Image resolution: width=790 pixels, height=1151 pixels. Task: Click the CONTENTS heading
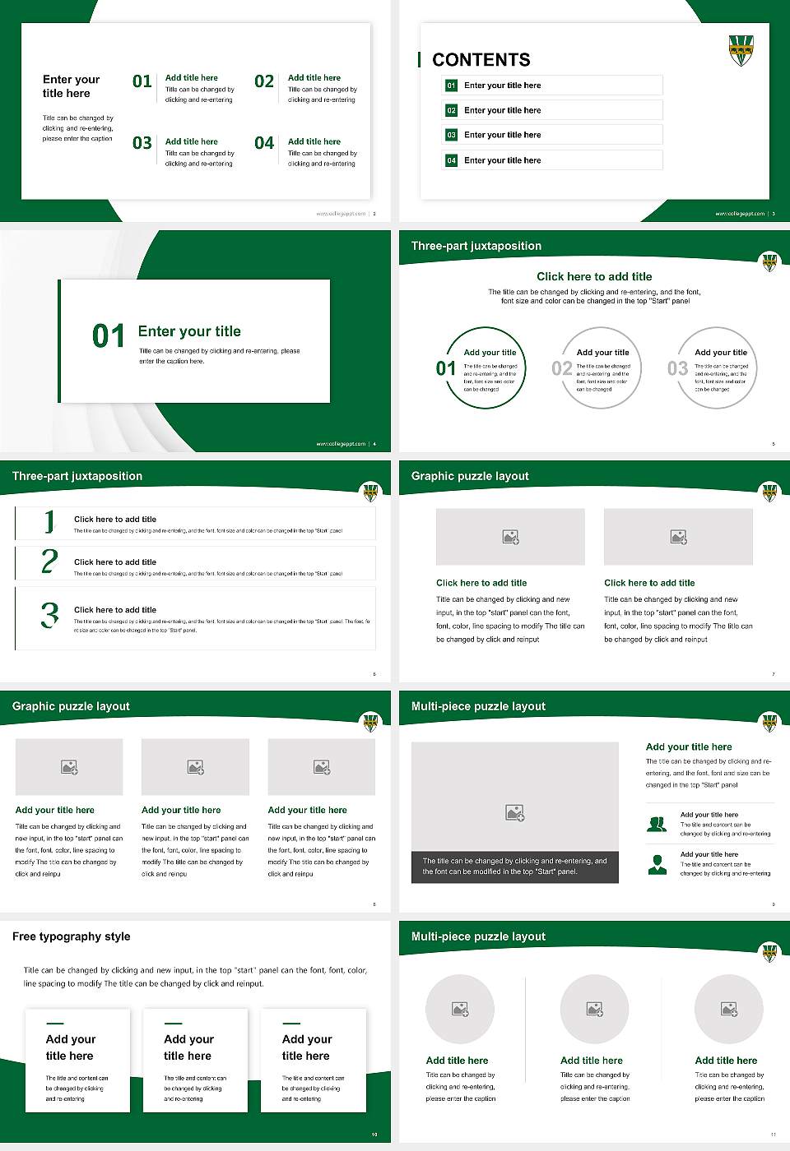[481, 60]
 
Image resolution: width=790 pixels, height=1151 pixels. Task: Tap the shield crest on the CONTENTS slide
[741, 50]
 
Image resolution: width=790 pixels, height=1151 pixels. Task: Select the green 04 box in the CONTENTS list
[451, 160]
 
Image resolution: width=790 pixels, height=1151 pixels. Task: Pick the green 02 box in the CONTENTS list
[451, 110]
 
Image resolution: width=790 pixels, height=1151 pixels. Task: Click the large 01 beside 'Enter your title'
[109, 336]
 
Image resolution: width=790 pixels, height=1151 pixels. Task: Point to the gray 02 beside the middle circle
[562, 368]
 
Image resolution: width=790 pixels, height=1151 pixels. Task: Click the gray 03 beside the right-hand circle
[677, 368]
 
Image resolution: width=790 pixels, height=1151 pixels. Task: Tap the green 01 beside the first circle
[446, 368]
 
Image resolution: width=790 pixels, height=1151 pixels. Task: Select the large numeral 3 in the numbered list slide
[49, 615]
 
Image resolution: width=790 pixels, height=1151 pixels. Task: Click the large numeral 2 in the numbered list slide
[49, 562]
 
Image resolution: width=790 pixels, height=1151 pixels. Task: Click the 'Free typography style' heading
[72, 936]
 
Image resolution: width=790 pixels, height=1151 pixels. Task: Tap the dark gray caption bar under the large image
[514, 867]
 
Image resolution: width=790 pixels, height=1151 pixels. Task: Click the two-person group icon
[657, 824]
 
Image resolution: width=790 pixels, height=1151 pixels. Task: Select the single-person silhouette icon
[657, 864]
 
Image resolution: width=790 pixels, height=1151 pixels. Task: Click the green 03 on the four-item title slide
[142, 143]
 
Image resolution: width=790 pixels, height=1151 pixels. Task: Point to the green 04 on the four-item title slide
[264, 143]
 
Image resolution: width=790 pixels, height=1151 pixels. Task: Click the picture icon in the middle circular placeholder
[594, 1009]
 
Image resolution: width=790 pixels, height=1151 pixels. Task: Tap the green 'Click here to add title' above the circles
[594, 277]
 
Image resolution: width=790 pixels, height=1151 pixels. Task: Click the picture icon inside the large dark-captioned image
[514, 813]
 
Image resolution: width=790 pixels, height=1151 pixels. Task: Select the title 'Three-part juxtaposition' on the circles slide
[476, 246]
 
